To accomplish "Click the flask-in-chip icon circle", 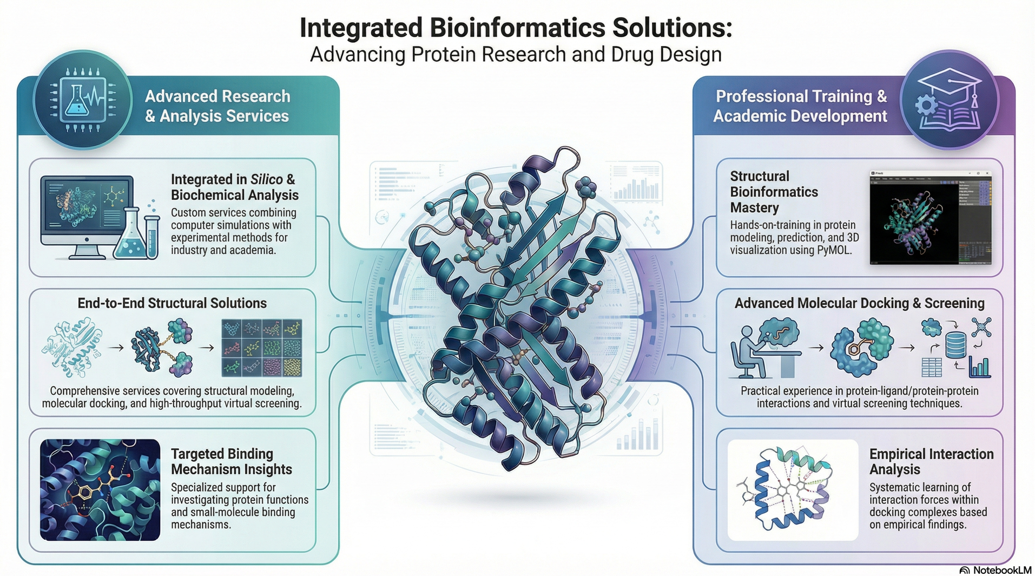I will point(82,100).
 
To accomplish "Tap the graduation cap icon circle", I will point(950,100).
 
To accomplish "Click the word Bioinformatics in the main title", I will point(516,28).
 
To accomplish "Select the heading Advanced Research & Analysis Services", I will point(217,106).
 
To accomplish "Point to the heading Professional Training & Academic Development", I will point(801,106).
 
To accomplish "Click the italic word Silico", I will point(266,179).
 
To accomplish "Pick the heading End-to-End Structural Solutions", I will point(172,303).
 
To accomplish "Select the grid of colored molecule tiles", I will point(262,348).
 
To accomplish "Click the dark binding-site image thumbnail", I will point(100,489).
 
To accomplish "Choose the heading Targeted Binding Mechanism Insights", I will point(231,461).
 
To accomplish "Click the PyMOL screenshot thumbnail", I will point(931,218).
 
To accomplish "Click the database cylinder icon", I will point(955,344).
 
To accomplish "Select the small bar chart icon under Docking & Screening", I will point(979,367).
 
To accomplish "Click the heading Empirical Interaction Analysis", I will point(931,461).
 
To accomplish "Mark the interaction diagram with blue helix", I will point(793,489).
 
